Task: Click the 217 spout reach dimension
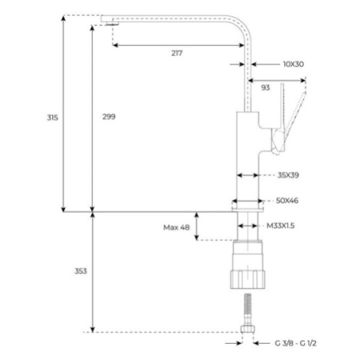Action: pos(177,54)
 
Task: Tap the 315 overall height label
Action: pos(53,118)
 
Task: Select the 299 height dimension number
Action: pos(109,116)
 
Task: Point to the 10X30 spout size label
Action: pos(293,64)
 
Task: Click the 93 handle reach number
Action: pos(266,87)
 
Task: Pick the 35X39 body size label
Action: pos(288,175)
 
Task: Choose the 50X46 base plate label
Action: pos(287,201)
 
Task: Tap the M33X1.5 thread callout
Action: pos(280,226)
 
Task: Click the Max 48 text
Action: pos(176,227)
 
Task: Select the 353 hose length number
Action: pos(80,271)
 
